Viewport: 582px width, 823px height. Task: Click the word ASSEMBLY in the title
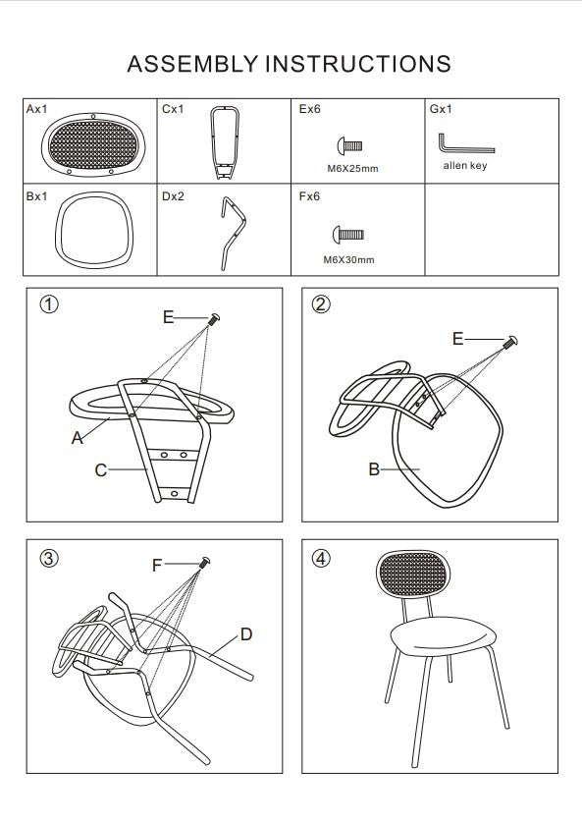click(x=192, y=64)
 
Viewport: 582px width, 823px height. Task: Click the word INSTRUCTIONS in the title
click(x=358, y=64)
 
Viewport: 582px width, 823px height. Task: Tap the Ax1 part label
click(x=36, y=109)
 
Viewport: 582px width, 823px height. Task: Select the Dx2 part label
click(x=173, y=196)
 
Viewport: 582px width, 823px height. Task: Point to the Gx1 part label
click(x=441, y=109)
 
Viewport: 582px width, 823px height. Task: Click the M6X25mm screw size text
click(x=352, y=169)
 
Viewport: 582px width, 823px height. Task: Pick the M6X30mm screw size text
click(x=348, y=260)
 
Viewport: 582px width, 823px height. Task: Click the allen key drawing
click(x=466, y=143)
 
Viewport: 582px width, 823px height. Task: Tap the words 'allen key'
click(x=465, y=165)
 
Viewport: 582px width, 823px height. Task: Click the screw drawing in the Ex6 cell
click(x=349, y=145)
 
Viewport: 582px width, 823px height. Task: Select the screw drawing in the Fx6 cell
click(x=348, y=235)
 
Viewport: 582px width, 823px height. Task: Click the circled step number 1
click(x=49, y=304)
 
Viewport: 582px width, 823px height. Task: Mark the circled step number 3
click(x=49, y=558)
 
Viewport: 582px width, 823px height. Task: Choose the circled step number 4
click(x=321, y=558)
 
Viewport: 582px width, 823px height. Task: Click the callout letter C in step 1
click(x=101, y=469)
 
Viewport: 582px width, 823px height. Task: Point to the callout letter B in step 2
click(x=374, y=469)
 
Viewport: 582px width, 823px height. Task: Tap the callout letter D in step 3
click(x=246, y=634)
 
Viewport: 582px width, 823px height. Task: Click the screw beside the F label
click(x=204, y=562)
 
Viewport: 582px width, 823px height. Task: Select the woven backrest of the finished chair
click(x=413, y=574)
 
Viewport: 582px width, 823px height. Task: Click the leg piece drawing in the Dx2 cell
click(x=231, y=234)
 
